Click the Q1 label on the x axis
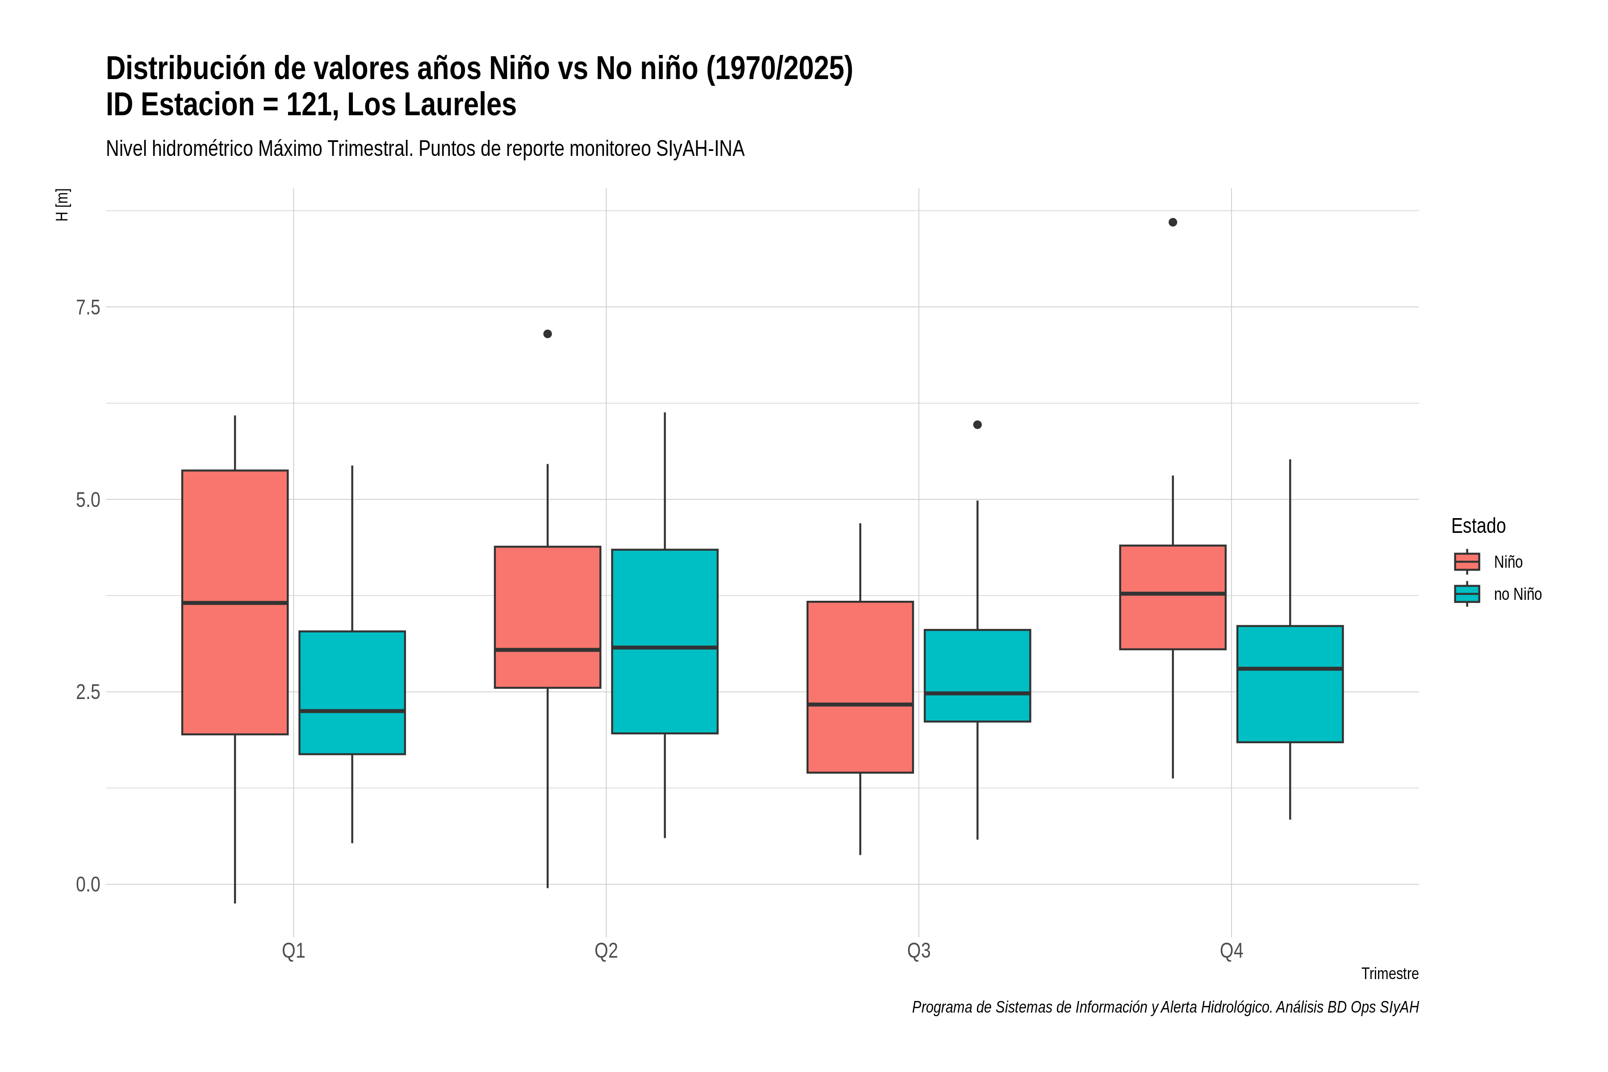293,951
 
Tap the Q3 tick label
919,951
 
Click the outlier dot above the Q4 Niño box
1172,222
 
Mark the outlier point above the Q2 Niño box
548,334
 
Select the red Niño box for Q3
860,687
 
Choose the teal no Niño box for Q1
352,693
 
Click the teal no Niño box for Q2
665,641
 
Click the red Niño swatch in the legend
1467,562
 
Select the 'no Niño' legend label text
1518,594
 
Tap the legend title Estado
1478,526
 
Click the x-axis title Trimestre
1390,974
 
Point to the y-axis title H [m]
62,205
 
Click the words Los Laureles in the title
431,105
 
